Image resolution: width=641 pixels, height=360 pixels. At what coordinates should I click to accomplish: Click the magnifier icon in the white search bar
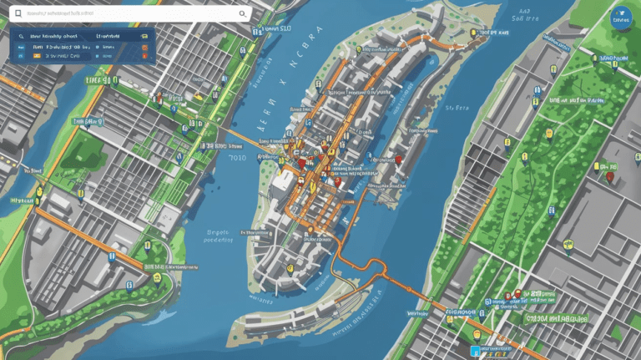[x=243, y=13]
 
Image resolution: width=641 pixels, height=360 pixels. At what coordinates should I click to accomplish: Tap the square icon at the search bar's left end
[x=16, y=14]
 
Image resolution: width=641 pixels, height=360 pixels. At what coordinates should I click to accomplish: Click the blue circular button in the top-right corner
[x=622, y=18]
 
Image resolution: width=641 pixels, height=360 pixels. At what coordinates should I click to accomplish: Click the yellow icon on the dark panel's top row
[x=145, y=38]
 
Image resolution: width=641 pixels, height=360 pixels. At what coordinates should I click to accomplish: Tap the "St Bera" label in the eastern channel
[x=457, y=108]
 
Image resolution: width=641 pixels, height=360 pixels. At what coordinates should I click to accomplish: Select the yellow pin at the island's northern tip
[x=473, y=34]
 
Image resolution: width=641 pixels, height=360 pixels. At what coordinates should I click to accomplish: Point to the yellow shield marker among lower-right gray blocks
[x=569, y=245]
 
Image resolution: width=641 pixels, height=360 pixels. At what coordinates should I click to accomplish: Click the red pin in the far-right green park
[x=610, y=176]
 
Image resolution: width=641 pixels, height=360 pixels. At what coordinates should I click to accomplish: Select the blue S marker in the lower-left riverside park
[x=129, y=285]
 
